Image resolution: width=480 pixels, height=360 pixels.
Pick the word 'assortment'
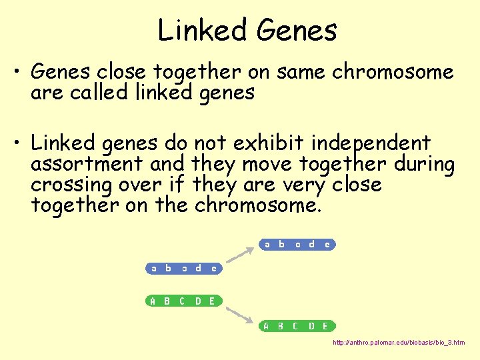click(x=87, y=164)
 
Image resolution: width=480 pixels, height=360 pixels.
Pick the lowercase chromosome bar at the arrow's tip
click(x=297, y=245)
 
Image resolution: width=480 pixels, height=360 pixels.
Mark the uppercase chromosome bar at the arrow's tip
click(x=297, y=326)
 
